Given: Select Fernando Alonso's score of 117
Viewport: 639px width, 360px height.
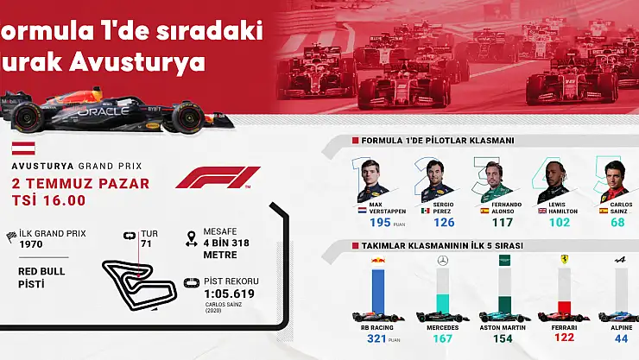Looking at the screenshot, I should [x=502, y=222].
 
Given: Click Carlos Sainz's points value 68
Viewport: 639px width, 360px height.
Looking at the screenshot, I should [x=617, y=222].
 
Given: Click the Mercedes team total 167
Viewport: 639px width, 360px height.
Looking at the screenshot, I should [x=443, y=338].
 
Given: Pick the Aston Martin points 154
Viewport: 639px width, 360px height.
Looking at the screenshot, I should [x=503, y=338].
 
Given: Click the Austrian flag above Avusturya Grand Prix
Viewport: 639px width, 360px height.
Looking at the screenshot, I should [x=24, y=148].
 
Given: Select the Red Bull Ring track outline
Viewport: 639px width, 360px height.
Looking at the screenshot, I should [x=130, y=280].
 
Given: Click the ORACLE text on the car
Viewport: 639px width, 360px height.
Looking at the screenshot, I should [x=104, y=111].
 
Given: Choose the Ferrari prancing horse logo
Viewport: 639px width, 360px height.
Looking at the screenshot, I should [x=564, y=258].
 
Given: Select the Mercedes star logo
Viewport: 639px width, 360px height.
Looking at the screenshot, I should [x=443, y=259].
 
